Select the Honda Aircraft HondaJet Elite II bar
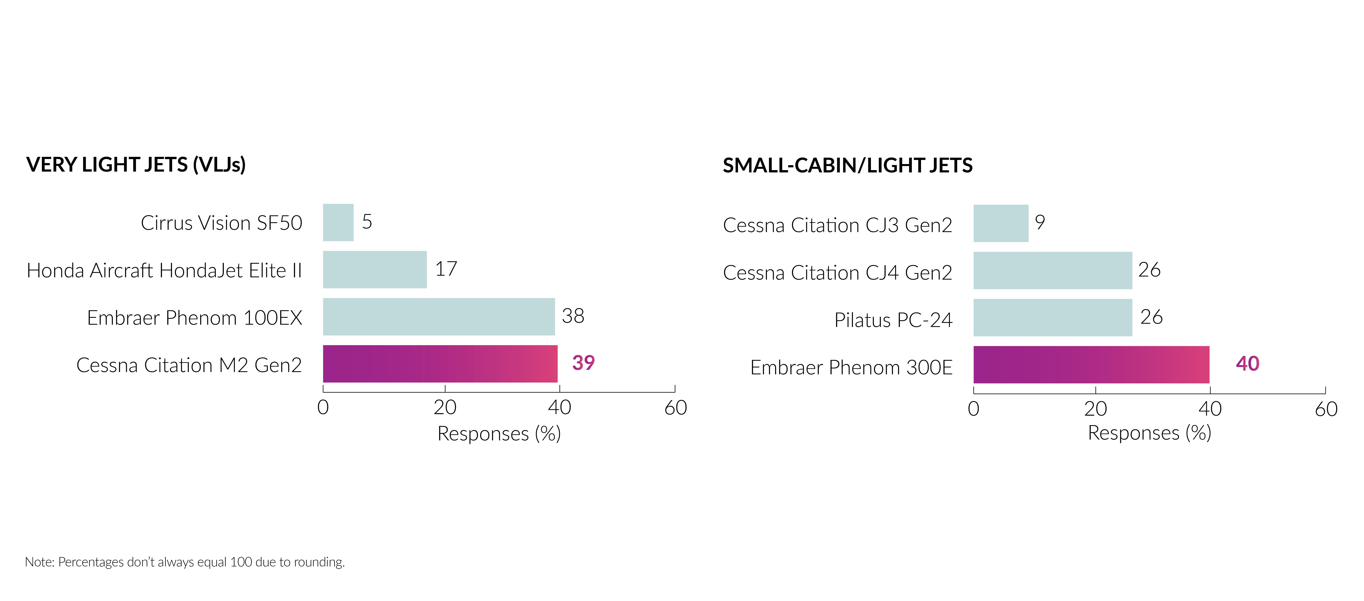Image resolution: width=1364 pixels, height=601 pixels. tap(375, 270)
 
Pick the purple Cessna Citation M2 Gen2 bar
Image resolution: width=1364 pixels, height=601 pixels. tap(440, 364)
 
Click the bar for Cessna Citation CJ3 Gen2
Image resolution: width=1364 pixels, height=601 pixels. tap(1001, 224)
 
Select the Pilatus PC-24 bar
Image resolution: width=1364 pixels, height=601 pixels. tap(1053, 318)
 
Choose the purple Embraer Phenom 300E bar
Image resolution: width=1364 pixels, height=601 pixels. tap(1091, 365)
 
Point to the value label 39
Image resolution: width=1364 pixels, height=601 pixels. tap(583, 363)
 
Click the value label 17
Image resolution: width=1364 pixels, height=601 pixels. tap(446, 269)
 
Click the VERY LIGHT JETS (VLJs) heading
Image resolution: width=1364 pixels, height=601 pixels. tap(136, 165)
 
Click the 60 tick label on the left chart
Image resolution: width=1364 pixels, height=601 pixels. tap(676, 408)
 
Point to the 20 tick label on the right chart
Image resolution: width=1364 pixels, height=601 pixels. tap(1095, 409)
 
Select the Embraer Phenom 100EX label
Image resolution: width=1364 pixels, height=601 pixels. tap(194, 318)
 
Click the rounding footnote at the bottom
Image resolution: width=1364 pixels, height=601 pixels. tap(185, 562)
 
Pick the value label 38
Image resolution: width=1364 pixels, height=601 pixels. tap(573, 316)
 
